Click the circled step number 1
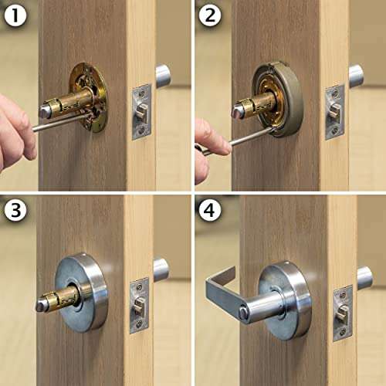pyautogui.click(x=15, y=15)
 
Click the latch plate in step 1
pyautogui.click(x=141, y=112)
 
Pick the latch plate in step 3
pyautogui.click(x=140, y=304)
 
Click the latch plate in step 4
pyautogui.click(x=343, y=312)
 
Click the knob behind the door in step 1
pyautogui.click(x=163, y=75)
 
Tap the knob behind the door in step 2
pyautogui.click(x=356, y=75)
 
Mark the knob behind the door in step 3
pyautogui.click(x=161, y=269)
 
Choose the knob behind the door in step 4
pyautogui.click(x=364, y=276)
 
